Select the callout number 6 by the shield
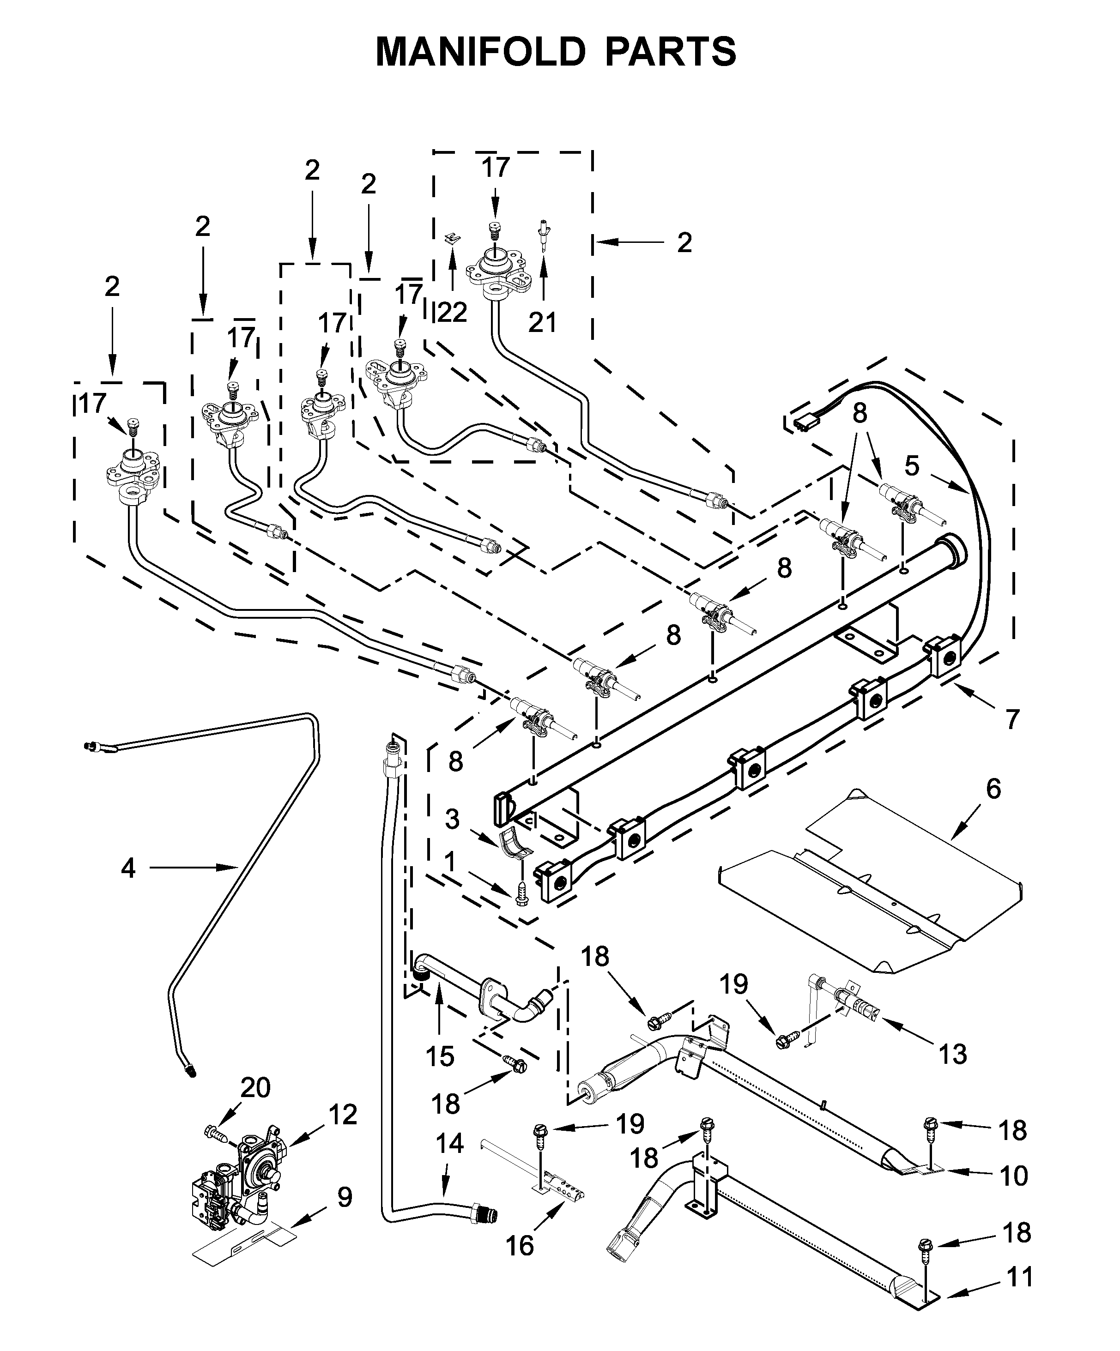point(993,789)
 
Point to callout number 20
point(255,1088)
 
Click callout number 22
point(453,314)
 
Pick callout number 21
point(542,322)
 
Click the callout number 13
point(953,1055)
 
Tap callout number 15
point(440,1056)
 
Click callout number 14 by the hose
point(450,1143)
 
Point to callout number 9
point(345,1198)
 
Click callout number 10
point(1014,1176)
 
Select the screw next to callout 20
point(215,1131)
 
